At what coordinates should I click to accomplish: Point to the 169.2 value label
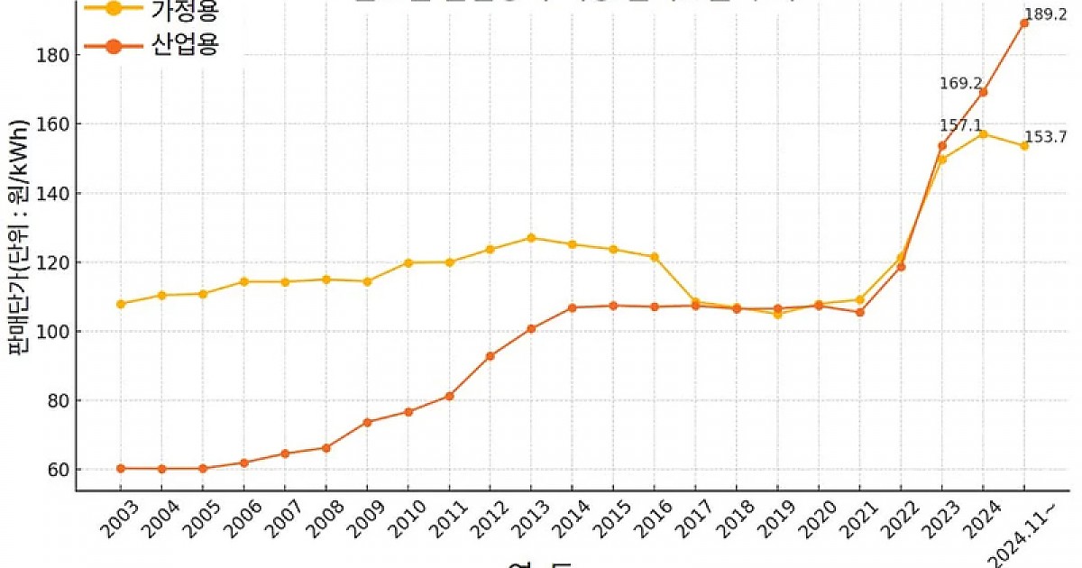click(961, 84)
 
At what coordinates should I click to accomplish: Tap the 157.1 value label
click(961, 125)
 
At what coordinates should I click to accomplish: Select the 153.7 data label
click(1047, 137)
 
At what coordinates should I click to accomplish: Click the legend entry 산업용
click(186, 45)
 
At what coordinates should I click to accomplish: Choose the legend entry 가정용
click(186, 8)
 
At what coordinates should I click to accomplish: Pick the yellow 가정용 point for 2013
click(531, 238)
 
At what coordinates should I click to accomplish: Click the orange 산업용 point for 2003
click(121, 469)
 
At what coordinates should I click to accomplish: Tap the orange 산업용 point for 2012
click(490, 356)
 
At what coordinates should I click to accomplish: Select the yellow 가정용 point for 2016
click(655, 257)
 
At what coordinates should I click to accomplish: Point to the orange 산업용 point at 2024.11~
click(1024, 23)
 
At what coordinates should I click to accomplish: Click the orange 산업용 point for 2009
click(367, 422)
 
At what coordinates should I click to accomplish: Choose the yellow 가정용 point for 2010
click(408, 262)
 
